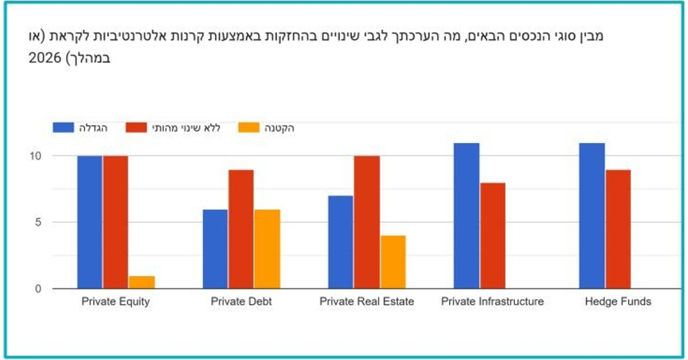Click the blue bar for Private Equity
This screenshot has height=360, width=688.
90,222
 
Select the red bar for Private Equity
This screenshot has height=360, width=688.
116,222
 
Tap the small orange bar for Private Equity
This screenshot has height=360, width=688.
142,282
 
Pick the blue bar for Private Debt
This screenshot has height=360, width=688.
215,249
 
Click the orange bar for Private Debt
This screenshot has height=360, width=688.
267,249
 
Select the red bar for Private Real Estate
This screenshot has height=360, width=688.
367,222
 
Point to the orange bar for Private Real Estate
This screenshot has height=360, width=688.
393,262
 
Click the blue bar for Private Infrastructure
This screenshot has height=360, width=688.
466,216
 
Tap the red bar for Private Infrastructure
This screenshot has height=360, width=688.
492,235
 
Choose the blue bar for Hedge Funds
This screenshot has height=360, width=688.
592,216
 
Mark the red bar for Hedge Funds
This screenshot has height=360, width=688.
618,229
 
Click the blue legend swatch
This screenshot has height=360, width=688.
63,128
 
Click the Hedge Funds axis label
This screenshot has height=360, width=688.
618,301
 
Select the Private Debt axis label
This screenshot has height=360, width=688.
241,301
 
